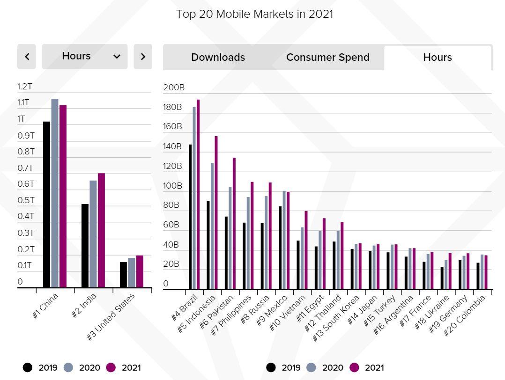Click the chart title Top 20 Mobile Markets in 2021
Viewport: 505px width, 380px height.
click(254, 14)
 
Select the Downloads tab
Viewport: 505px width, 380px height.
click(218, 58)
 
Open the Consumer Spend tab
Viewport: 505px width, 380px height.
click(327, 58)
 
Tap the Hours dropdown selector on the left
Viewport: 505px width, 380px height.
click(85, 56)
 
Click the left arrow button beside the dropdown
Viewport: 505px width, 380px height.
click(27, 57)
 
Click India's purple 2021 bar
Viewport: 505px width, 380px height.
click(101, 230)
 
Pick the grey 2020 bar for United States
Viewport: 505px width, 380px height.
click(132, 272)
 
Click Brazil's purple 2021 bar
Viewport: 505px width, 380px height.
click(198, 194)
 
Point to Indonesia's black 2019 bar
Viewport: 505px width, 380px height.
click(208, 245)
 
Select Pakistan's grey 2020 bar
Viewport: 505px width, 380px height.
click(230, 238)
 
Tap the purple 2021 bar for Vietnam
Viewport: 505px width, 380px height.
click(306, 250)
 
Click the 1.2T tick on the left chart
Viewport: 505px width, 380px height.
click(25, 87)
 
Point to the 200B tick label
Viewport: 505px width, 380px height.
click(174, 88)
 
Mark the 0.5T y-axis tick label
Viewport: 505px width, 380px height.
click(26, 200)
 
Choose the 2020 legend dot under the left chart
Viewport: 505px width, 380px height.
click(68, 367)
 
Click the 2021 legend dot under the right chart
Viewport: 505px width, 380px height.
click(354, 367)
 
